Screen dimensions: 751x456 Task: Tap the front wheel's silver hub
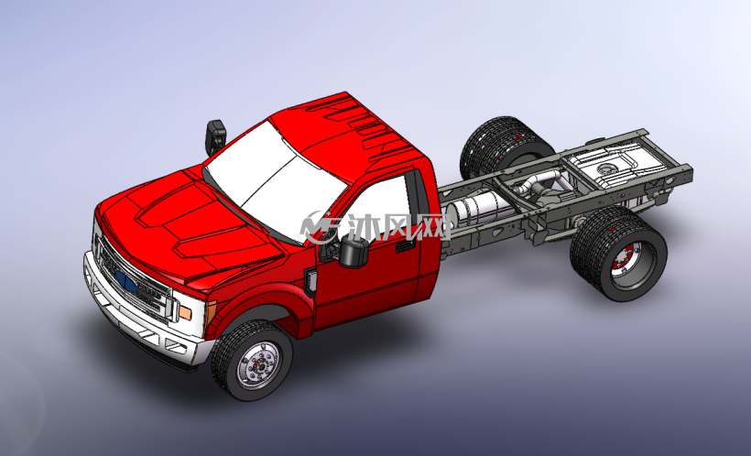(258, 365)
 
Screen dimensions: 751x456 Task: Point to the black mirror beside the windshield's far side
(215, 136)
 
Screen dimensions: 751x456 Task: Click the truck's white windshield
(273, 179)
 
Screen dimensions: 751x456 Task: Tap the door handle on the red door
(406, 246)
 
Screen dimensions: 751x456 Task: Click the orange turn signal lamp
(184, 313)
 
